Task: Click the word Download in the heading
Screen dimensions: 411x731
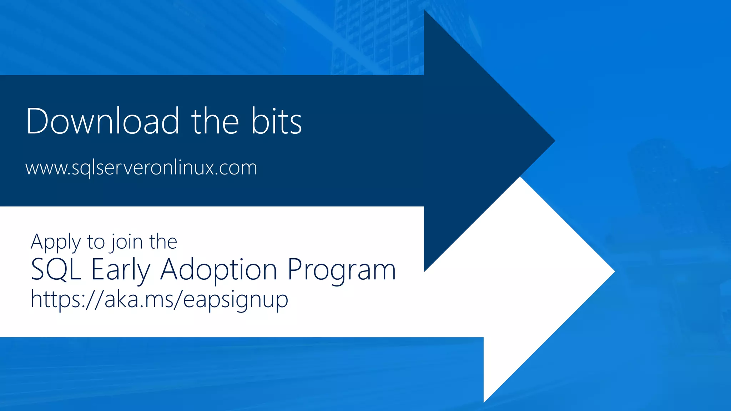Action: click(102, 121)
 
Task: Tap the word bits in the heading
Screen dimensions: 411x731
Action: click(276, 121)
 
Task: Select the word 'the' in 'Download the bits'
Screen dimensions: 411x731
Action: click(215, 121)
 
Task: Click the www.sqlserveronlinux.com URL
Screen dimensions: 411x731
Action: click(141, 167)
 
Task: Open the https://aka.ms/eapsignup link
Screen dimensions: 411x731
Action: click(159, 299)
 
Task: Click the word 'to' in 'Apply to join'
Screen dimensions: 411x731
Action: click(96, 242)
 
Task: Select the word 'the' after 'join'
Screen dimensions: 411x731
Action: click(163, 242)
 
